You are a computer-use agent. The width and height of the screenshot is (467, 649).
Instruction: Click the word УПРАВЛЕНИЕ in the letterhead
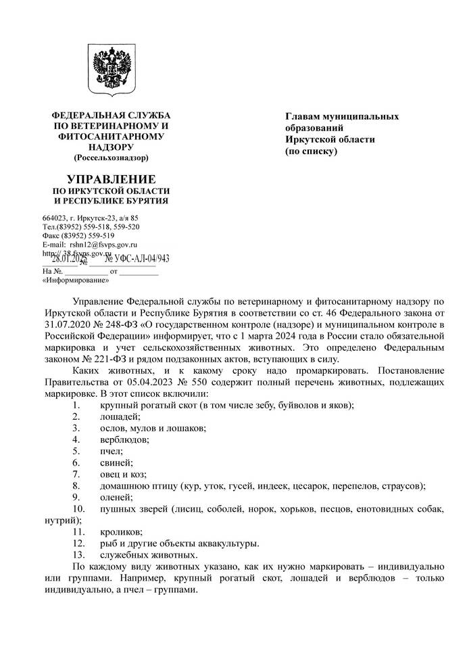[111, 180]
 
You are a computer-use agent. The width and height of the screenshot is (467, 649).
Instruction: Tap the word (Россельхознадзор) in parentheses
[111, 158]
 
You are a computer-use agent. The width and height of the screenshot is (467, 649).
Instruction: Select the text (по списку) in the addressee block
[310, 151]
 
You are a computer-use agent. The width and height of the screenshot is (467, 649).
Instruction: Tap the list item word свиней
[116, 462]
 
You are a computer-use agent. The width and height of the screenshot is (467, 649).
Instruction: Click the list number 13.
[77, 555]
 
